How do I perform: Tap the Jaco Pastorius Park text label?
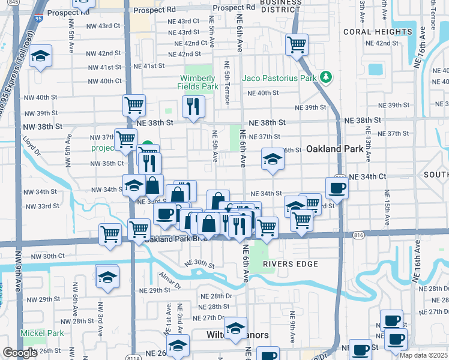(279, 78)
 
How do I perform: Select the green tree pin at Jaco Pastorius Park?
(326, 77)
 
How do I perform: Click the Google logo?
(20, 353)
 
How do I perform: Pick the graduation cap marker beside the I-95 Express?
(40, 56)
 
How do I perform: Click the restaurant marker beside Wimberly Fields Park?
(193, 107)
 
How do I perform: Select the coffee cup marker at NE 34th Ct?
(337, 187)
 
